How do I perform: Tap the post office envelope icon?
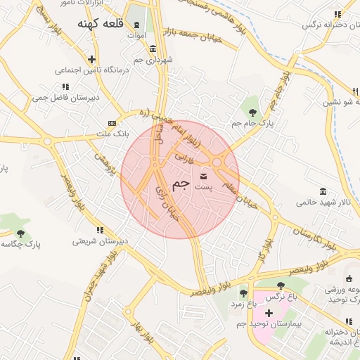pyautogui.click(x=204, y=176)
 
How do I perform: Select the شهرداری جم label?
pyautogui.click(x=148, y=60)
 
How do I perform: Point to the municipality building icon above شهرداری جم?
pyautogui.click(x=153, y=49)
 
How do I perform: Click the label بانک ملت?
pyautogui.click(x=112, y=133)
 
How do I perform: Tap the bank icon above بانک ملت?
pyautogui.click(x=112, y=122)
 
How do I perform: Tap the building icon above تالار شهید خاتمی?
pyautogui.click(x=323, y=191)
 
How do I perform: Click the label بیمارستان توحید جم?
pyautogui.click(x=267, y=323)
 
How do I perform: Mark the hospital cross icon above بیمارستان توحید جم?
pyautogui.click(x=269, y=311)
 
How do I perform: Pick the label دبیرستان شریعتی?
pyautogui.click(x=100, y=241)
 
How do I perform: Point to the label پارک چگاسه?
pyautogui.click(x=20, y=245)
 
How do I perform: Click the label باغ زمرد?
pyautogui.click(x=243, y=304)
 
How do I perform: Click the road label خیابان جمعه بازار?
pyautogui.click(x=193, y=35)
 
